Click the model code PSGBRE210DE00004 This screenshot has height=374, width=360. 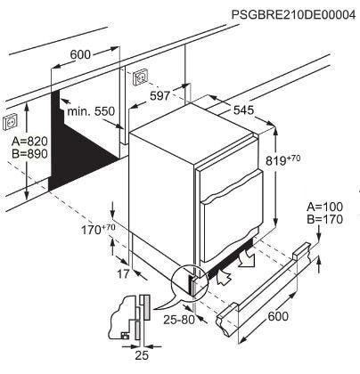point(293,15)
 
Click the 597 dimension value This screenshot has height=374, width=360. point(160,96)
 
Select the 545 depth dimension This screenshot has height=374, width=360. point(243,110)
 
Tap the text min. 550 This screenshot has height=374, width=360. point(91,111)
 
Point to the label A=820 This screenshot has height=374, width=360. point(29,142)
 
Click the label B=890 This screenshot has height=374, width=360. point(29,154)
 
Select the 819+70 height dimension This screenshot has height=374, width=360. point(282,160)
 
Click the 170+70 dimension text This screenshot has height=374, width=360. point(98,230)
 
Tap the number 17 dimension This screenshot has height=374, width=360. point(123,274)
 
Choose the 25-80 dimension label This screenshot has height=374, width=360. point(179,320)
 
